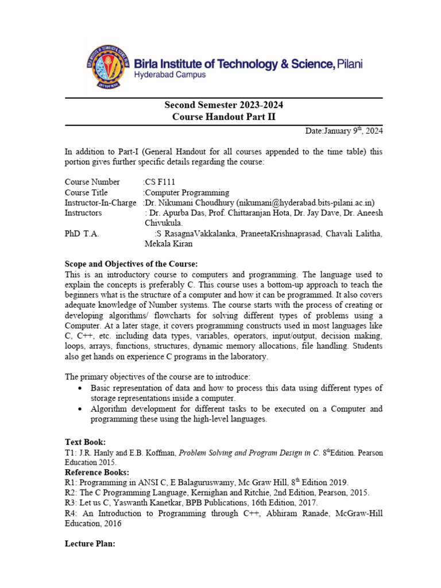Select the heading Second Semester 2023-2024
click(223, 105)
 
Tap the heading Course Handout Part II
click(223, 117)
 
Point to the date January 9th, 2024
click(344, 131)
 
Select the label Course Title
click(86, 192)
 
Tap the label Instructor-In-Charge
click(100, 203)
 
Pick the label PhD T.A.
click(82, 234)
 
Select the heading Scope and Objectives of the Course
click(131, 264)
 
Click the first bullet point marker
click(79, 389)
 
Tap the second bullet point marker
click(79, 409)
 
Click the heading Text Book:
click(85, 442)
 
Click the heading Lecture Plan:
click(90, 544)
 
